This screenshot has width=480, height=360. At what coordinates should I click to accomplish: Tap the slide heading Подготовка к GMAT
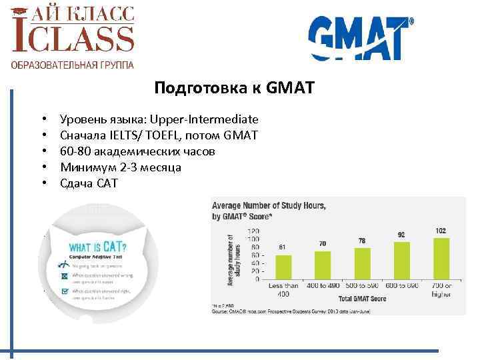[233, 88]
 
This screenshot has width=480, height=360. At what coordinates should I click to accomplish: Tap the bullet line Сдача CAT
[88, 183]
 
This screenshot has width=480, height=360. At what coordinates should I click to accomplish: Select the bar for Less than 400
[282, 265]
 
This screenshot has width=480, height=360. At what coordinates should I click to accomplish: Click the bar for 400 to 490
[322, 263]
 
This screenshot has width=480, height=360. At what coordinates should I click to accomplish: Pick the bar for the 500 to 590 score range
[362, 261]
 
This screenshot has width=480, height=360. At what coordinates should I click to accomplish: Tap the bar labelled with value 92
[401, 259]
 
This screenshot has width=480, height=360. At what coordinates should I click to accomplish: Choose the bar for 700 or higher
[441, 257]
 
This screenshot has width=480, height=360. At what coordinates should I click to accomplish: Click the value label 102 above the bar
[441, 231]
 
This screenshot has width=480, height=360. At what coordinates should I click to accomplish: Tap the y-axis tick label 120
[253, 230]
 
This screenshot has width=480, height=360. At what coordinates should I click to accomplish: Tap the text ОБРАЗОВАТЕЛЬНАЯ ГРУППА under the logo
[72, 65]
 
